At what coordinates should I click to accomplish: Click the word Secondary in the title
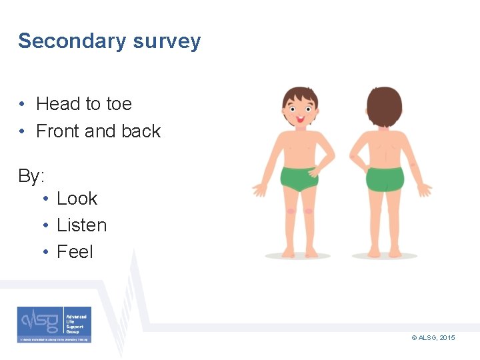tap(72, 41)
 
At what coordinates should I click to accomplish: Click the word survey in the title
tap(167, 42)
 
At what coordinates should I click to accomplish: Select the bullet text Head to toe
tap(84, 104)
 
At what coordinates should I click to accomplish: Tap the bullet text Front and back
tap(98, 131)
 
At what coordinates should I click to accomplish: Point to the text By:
tap(31, 177)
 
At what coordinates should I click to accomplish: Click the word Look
tap(77, 199)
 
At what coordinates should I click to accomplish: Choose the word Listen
tap(81, 225)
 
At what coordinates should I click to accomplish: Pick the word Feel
tap(75, 252)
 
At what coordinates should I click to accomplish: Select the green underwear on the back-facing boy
tap(385, 179)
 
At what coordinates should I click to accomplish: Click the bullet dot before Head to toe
tap(23, 105)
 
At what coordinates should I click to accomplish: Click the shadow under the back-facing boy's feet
tap(385, 256)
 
